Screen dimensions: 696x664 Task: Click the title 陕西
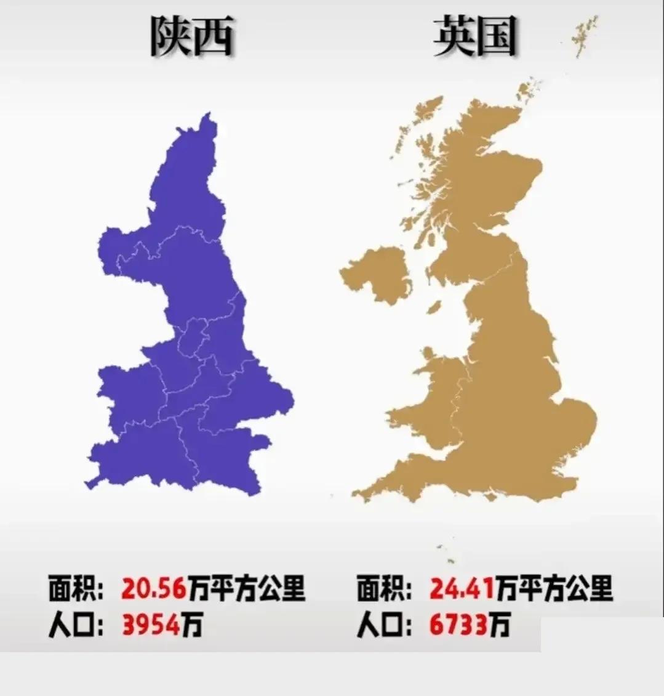tap(191, 37)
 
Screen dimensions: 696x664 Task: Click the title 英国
tap(474, 36)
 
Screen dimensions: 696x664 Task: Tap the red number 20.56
tap(153, 588)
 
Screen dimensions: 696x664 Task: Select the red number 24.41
tap(461, 588)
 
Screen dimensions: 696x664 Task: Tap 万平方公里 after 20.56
tap(246, 588)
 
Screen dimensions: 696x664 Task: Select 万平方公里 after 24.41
tap(553, 588)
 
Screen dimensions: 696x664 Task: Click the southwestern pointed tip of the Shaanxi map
tap(88, 485)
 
